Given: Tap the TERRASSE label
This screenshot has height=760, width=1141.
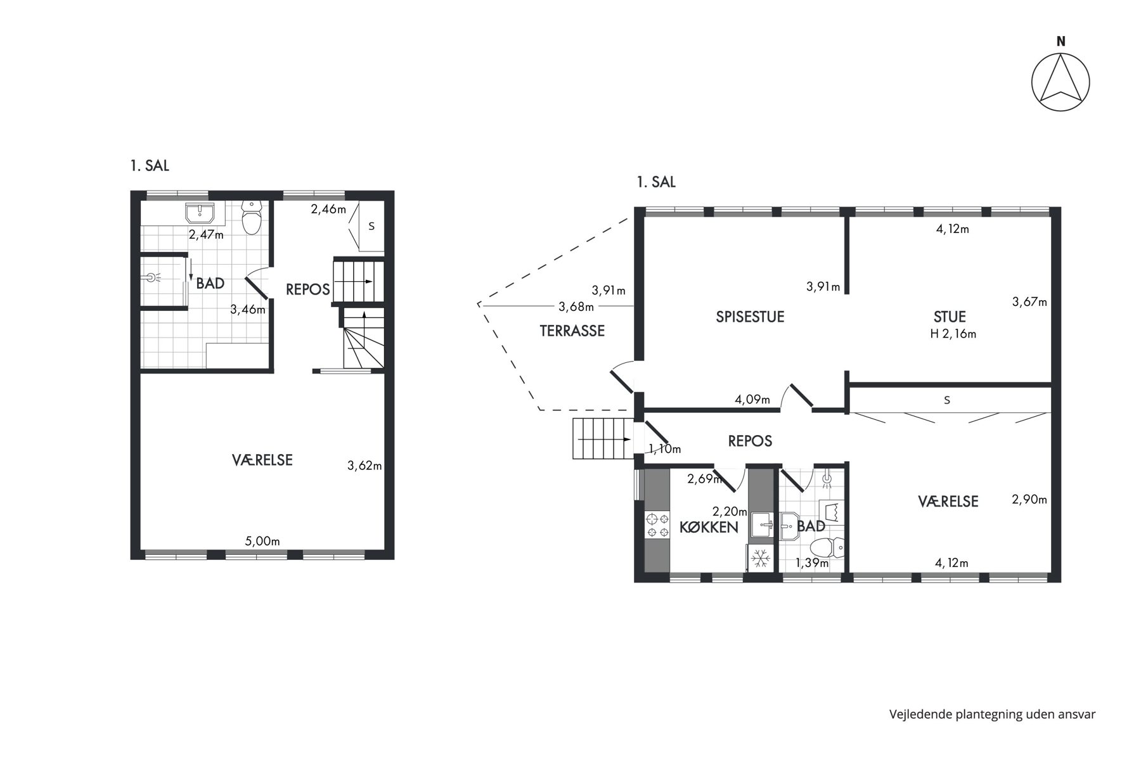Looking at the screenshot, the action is (x=572, y=331).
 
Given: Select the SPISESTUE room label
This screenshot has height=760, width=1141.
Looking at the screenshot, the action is (x=750, y=317).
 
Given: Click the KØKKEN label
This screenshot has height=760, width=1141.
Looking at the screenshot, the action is (x=709, y=527).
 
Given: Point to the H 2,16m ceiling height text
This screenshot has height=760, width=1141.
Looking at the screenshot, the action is (x=953, y=334).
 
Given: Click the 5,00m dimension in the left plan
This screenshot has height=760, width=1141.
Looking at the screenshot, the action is (x=262, y=541).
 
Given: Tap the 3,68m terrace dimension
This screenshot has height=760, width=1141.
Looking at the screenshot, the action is (x=576, y=307).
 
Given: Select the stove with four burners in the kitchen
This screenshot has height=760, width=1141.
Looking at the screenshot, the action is (x=657, y=526).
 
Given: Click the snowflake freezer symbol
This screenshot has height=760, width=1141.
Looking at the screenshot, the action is (x=759, y=558).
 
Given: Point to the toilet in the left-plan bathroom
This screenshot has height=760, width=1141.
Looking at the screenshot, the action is (x=252, y=218).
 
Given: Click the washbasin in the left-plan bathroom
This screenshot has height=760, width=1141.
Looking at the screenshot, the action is (x=201, y=213).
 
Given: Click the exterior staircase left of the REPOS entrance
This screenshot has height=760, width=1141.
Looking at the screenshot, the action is (x=603, y=438).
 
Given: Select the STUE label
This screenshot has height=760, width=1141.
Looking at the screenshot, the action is (x=950, y=317).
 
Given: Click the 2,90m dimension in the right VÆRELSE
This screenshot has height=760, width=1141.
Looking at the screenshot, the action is (x=1029, y=499).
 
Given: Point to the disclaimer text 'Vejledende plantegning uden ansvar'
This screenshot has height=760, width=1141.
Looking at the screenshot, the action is (x=992, y=714).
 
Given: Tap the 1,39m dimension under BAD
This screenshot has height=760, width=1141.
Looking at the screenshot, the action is (x=812, y=562).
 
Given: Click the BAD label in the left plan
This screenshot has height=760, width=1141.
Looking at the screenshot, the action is (x=210, y=284).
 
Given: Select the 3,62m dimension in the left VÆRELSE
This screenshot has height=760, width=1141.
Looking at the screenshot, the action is (x=364, y=466).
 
